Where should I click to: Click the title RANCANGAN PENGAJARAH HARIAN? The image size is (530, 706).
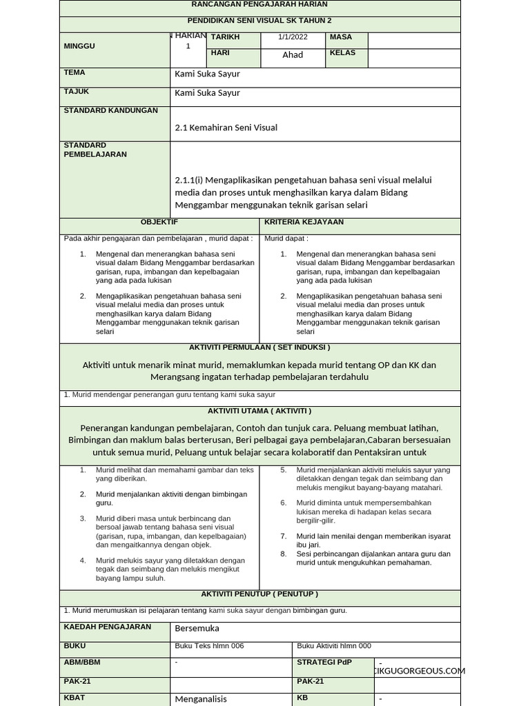point(259,5)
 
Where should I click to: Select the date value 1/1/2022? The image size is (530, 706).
point(293,37)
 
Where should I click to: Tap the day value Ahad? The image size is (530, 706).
point(293,55)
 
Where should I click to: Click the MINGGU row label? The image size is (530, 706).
point(79,46)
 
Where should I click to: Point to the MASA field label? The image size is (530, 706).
point(341,37)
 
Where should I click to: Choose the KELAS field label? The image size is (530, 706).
point(343,53)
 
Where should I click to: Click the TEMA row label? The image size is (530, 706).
point(75,72)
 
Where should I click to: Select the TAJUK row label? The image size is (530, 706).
point(77,92)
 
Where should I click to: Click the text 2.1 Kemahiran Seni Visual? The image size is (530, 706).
point(226,128)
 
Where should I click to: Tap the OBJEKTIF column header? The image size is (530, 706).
point(159,222)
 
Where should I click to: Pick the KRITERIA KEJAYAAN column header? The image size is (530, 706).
point(304,222)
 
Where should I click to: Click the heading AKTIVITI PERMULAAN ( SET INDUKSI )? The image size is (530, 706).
point(259,347)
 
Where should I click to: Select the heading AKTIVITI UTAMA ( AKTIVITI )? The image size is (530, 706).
point(259,411)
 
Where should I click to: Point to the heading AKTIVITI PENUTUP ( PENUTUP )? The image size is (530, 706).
point(259,594)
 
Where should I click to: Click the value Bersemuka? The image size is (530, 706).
point(197,629)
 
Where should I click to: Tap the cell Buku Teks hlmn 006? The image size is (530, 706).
point(210,646)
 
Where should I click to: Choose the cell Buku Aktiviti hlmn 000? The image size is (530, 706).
point(334,646)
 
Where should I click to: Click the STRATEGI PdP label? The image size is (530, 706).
point(324,663)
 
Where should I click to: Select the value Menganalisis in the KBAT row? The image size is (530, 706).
point(201,698)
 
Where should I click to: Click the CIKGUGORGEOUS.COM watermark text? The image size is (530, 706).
point(418,671)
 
